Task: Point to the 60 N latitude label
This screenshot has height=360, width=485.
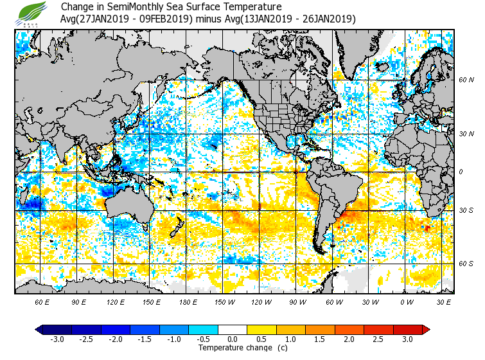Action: coord(466,80)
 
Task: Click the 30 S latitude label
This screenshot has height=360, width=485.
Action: coord(466,211)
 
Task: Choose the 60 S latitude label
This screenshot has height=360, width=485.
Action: coord(466,264)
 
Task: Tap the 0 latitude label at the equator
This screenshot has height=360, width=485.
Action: coord(461,172)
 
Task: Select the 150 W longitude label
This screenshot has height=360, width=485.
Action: coord(225,301)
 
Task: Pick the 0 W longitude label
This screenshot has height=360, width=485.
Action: coord(407,301)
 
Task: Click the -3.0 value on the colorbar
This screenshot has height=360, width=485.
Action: coord(57,339)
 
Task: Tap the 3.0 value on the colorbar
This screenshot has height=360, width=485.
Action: coord(407,339)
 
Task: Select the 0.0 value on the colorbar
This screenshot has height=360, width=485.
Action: coord(233,339)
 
